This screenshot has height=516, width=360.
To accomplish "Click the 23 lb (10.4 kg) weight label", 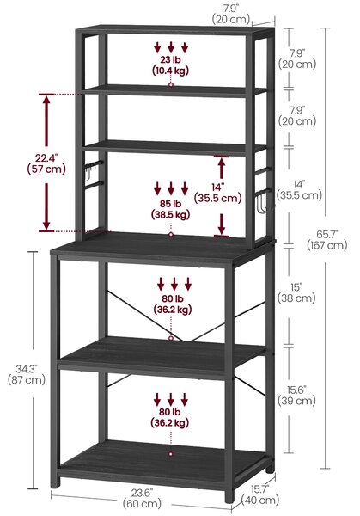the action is pyautogui.click(x=170, y=65).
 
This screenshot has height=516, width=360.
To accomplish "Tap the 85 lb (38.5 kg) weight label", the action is pyautogui.click(x=171, y=209).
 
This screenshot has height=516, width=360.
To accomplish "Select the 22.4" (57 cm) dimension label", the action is pyautogui.click(x=46, y=163).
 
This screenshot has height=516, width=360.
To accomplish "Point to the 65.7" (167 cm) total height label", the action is pyautogui.click(x=327, y=240).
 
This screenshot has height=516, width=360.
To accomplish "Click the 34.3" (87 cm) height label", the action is pyautogui.click(x=27, y=374).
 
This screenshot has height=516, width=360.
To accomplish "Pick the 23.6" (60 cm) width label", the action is pyautogui.click(x=142, y=498).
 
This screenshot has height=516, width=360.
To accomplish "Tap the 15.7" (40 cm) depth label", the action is pyautogui.click(x=260, y=494).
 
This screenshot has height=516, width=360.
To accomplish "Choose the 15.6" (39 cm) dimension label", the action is pyautogui.click(x=296, y=396).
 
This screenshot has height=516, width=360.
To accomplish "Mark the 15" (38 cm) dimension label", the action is pyautogui.click(x=296, y=292).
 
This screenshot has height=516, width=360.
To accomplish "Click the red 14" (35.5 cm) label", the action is pyautogui.click(x=217, y=193).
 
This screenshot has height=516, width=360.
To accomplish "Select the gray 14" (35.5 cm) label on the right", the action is pyautogui.click(x=299, y=189).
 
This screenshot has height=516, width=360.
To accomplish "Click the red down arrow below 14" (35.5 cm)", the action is pyautogui.click(x=222, y=224).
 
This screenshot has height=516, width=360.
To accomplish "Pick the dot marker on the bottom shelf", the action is pyautogui.click(x=171, y=454).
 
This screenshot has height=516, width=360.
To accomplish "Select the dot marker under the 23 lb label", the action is pyautogui.click(x=171, y=85).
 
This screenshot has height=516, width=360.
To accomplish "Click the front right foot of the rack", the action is pyautogui.click(x=229, y=496).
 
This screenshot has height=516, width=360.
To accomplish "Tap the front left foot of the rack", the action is pyautogui.click(x=55, y=482).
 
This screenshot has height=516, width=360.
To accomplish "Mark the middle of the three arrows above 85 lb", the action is pyautogui.click(x=171, y=188).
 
